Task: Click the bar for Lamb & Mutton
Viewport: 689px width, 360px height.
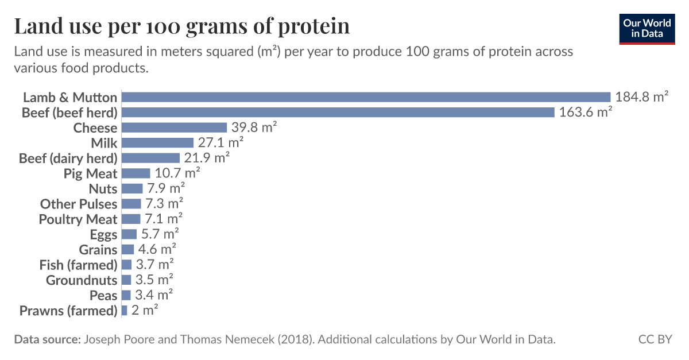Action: point(366,97)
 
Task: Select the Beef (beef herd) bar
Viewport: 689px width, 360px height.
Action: point(338,113)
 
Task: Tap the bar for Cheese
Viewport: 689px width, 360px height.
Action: point(174,127)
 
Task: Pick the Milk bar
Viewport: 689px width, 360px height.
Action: point(157,143)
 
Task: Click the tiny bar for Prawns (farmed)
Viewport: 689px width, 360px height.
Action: point(124,311)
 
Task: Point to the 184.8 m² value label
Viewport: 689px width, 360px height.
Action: point(641,97)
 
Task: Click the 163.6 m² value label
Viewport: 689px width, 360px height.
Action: point(586,113)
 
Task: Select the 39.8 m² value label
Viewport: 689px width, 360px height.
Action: point(254,127)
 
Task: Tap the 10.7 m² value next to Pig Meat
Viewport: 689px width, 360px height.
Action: point(177,173)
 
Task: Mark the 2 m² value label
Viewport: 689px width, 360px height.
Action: point(145,311)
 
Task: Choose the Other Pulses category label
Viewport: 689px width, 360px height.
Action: point(78,204)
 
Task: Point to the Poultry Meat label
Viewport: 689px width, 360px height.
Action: point(78,219)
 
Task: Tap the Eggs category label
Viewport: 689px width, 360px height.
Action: point(103,234)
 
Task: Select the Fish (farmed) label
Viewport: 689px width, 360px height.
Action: point(78,265)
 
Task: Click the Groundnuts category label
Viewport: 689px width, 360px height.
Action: point(82,280)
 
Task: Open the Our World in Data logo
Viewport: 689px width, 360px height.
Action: point(647,29)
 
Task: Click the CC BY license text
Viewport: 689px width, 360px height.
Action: point(655,339)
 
